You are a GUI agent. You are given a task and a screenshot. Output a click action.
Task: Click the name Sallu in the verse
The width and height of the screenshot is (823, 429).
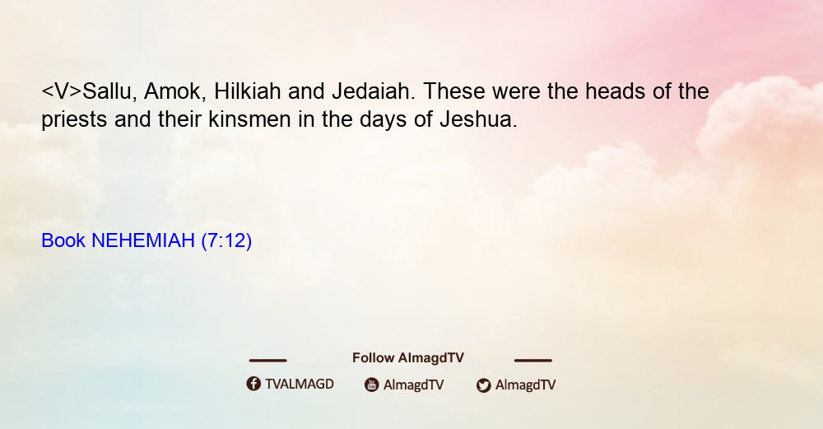click(x=107, y=92)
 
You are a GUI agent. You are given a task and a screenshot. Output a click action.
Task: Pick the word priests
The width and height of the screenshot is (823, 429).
click(x=74, y=119)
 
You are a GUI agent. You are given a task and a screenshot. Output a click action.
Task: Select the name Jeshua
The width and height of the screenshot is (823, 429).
click(x=478, y=119)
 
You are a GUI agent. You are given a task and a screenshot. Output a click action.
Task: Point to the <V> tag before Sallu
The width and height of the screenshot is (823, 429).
click(x=62, y=91)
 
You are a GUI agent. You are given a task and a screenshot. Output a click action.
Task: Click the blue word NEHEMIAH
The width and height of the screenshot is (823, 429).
click(x=143, y=240)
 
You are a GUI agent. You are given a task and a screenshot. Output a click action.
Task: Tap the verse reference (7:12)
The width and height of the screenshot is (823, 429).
click(x=226, y=240)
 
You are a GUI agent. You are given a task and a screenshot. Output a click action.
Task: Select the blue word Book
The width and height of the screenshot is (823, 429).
click(x=63, y=240)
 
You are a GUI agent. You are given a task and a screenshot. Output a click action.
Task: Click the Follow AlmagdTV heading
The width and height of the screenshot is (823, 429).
click(x=408, y=358)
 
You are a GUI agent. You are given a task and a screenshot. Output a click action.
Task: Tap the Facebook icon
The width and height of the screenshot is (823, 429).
click(x=253, y=384)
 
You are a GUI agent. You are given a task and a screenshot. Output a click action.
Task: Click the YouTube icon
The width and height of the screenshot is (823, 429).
click(x=372, y=385)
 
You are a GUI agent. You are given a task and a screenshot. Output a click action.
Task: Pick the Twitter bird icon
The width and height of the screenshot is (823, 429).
click(x=484, y=385)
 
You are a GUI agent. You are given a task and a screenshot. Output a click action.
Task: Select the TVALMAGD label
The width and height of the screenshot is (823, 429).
click(x=300, y=384)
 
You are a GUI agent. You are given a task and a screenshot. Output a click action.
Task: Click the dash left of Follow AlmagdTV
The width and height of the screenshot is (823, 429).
click(x=267, y=361)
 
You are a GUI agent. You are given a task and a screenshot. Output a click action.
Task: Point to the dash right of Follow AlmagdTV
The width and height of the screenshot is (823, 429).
click(x=533, y=361)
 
